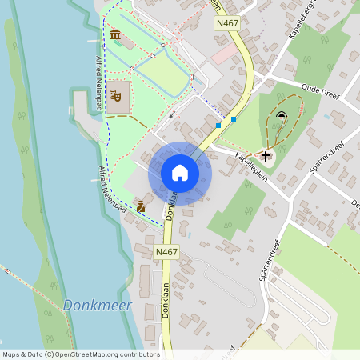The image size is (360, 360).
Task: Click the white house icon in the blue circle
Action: point(180,173)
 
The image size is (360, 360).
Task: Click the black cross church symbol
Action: point(266,155)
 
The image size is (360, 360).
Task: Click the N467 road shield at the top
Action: point(228,25)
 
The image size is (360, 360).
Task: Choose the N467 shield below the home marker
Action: point(166,252)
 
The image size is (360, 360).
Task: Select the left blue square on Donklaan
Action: point(218,126)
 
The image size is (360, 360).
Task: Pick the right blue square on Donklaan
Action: point(234,119)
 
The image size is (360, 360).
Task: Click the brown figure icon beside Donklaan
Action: point(141,206)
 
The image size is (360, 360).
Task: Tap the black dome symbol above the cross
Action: point(281,116)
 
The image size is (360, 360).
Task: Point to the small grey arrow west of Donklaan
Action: point(171,116)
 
